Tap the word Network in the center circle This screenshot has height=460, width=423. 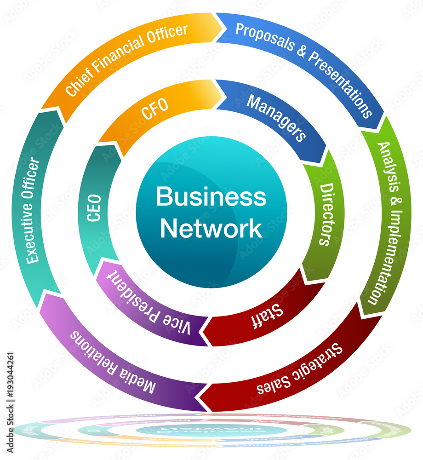coord(211,229)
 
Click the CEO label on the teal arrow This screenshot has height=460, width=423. coord(94,208)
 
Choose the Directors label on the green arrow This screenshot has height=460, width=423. coord(326,214)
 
